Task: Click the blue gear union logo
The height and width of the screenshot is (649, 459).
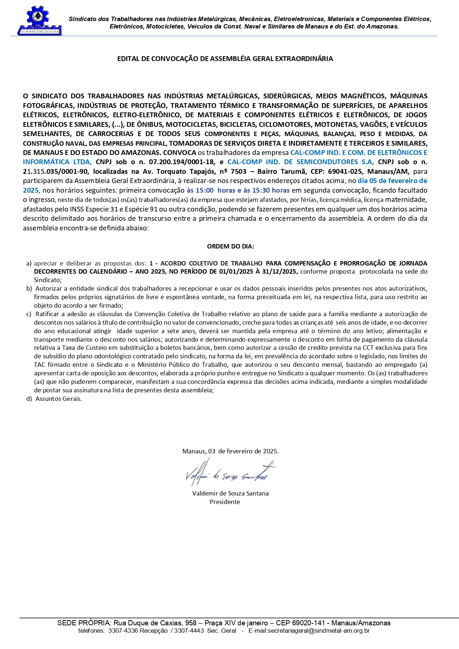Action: point(39,21)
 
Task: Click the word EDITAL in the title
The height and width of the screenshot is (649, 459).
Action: point(128,59)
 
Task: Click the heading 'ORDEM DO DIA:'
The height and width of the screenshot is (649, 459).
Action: point(230,246)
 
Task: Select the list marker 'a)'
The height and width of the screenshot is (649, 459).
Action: point(29,263)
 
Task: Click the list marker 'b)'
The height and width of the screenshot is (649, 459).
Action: point(29,288)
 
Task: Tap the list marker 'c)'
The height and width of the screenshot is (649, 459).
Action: point(29,314)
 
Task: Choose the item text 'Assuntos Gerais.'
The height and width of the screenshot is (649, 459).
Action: point(58,399)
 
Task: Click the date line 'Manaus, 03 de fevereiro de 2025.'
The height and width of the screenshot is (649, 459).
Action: point(230,451)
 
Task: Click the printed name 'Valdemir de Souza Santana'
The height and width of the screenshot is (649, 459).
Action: point(230,493)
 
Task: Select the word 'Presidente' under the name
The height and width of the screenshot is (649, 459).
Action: point(225,502)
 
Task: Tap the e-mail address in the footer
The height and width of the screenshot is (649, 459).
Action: point(309,631)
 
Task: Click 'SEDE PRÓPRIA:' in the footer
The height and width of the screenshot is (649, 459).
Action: point(84,623)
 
